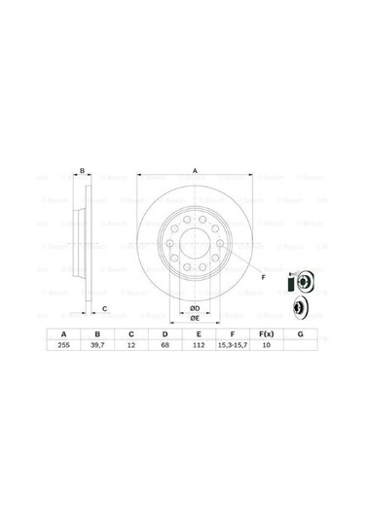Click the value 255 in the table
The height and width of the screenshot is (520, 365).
(64, 347)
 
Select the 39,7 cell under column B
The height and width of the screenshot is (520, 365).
(97, 347)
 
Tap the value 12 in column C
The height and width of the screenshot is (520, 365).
(130, 347)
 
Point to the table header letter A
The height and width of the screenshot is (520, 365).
(64, 333)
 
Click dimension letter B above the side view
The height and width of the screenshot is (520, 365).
(83, 172)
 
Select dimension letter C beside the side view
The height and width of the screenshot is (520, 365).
(105, 308)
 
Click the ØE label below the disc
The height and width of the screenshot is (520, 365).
(195, 318)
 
